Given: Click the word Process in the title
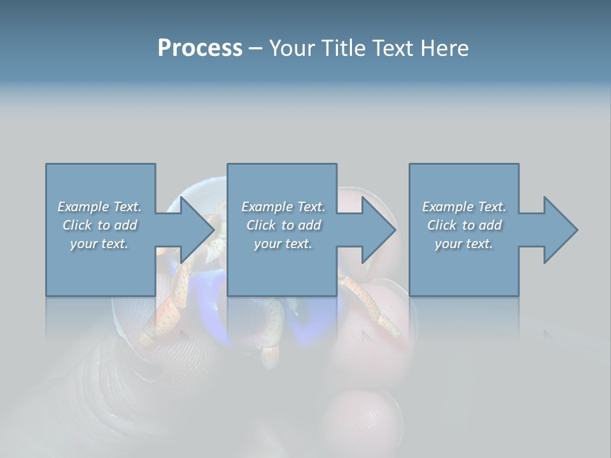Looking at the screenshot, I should coord(200,48).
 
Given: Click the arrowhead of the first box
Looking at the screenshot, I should coord(197,230).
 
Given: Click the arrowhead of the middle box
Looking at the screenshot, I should coord(379,230).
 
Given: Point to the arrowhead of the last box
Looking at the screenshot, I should coord(560,230).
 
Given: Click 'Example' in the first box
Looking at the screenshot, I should coord(83,207).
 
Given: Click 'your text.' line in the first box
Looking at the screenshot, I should coord(99,244).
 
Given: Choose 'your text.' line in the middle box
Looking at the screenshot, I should coord(283,244).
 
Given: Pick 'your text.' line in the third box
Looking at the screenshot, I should coord(464,244).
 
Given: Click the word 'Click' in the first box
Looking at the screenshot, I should coord(77,225).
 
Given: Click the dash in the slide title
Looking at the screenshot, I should coord(256,48).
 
